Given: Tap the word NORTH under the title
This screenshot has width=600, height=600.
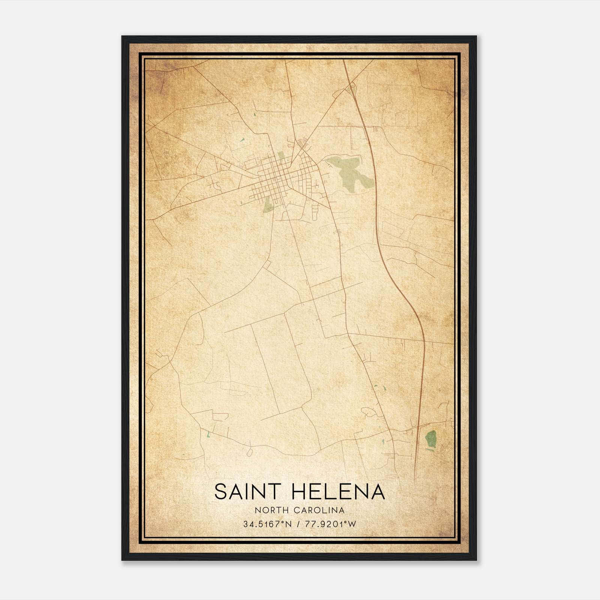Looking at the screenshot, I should pyautogui.click(x=268, y=510).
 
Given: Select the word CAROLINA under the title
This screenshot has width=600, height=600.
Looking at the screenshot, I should pyautogui.click(x=319, y=510).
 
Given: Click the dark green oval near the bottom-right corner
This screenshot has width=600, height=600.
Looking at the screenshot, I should pyautogui.click(x=431, y=438).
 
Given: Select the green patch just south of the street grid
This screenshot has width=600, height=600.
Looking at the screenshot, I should pyautogui.click(x=268, y=205).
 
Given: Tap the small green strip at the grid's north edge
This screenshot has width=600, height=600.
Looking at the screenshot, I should pyautogui.click(x=281, y=156).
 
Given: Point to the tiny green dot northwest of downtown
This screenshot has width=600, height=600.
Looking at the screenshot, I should pyautogui.click(x=243, y=140).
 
